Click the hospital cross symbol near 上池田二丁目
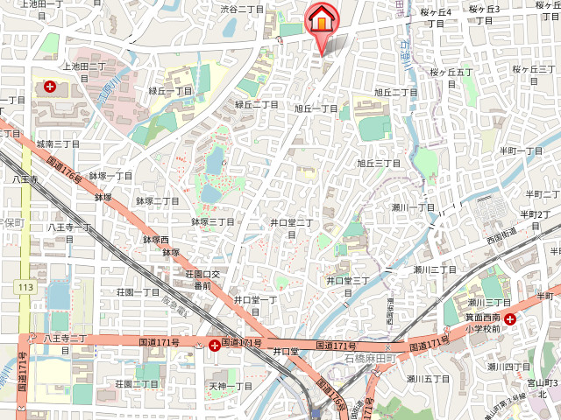pos(50,87)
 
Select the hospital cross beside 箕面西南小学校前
pos(509,319)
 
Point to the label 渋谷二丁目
pos(242,9)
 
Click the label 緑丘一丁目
pos(170,90)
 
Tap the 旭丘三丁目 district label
pos(378,163)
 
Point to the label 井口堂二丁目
pos(291,223)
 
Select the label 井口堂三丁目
pos(348,280)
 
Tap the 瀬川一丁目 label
pos(413,206)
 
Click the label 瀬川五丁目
pos(428,379)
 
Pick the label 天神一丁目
pos(231,385)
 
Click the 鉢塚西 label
pos(155,239)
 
